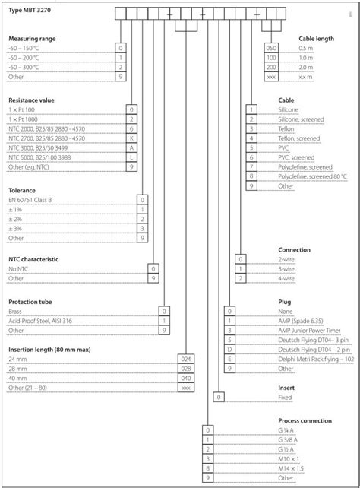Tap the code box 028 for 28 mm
[184, 367]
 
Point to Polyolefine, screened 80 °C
[312, 176]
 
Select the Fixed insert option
[285, 397]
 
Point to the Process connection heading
[305, 420]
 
